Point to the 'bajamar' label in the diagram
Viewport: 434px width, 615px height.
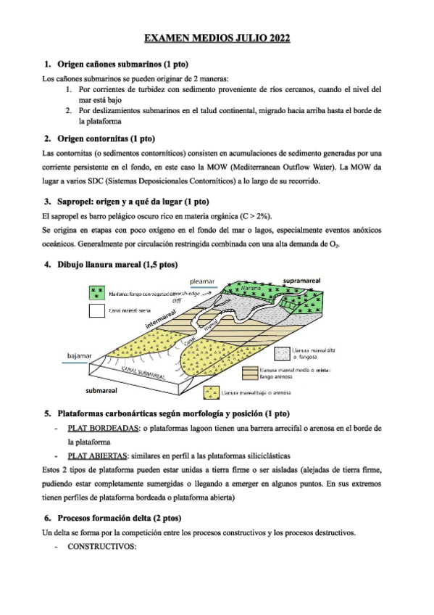pyautogui.click(x=79, y=356)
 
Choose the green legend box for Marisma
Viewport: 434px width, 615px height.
pyautogui.click(x=96, y=292)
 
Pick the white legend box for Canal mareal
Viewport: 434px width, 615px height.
pyautogui.click(x=96, y=311)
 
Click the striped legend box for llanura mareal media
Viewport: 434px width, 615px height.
pyautogui.click(x=250, y=371)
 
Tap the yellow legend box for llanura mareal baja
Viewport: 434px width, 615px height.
pyautogui.click(x=210, y=392)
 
